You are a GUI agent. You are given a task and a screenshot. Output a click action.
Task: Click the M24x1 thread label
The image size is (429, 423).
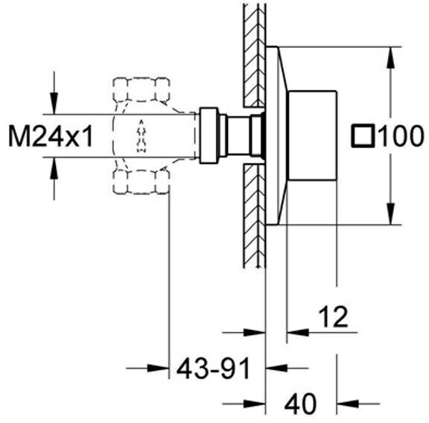click(51, 136)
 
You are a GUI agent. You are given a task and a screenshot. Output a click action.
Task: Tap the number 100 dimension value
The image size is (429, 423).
click(401, 136)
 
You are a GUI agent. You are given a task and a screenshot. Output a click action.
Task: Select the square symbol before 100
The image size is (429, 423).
click(363, 136)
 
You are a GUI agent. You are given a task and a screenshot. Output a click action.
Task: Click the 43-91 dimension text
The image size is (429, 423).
click(214, 369)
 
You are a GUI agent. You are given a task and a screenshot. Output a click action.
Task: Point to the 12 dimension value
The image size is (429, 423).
click(333, 317)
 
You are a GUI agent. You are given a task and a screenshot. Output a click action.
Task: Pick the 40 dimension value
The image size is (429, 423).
click(300, 404)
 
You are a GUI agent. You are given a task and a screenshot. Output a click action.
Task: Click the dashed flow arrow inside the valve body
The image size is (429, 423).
click(142, 136)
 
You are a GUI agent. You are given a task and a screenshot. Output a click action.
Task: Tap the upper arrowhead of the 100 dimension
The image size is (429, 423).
click(391, 57)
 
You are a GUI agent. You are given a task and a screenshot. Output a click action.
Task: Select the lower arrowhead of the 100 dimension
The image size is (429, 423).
click(391, 214)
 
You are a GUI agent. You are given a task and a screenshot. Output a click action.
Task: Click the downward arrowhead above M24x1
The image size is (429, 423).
click(54, 104)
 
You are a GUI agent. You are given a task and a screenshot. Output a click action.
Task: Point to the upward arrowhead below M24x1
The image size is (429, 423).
click(54, 168)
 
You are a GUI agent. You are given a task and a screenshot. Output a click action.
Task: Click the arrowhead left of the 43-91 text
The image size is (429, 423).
click(158, 369)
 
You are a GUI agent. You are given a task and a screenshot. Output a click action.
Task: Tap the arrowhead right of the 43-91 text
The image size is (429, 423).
click(276, 369)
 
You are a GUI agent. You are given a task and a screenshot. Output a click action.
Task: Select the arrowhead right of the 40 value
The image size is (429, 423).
click(348, 404)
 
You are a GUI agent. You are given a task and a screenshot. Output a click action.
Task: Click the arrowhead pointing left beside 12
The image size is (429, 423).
click(298, 333)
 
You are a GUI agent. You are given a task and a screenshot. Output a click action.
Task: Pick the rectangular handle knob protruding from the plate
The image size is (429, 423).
click(313, 136)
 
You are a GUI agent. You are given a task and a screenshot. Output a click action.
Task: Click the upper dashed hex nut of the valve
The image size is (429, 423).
click(142, 90)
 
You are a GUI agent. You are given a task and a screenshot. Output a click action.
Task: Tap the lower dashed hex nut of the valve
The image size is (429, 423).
click(142, 182)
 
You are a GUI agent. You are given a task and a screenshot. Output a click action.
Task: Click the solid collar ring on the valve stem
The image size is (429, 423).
click(209, 136)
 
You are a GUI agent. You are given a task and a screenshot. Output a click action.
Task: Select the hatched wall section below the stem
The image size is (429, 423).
click(254, 215)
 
